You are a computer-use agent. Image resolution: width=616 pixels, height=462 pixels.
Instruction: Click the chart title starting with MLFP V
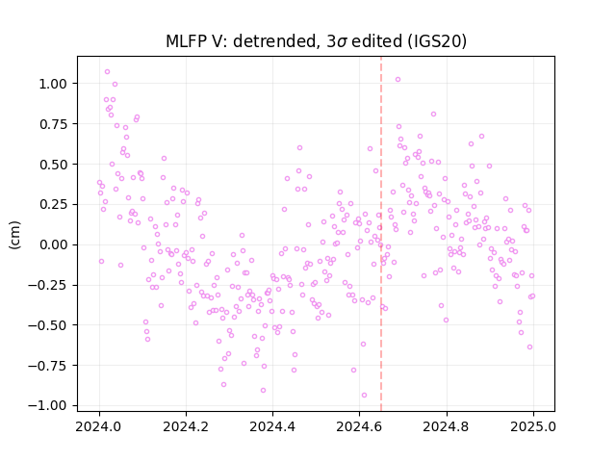tap(317, 41)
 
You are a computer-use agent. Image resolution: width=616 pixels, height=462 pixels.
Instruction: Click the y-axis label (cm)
tap(14, 235)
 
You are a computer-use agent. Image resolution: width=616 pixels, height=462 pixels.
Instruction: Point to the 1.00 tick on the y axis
tap(53, 84)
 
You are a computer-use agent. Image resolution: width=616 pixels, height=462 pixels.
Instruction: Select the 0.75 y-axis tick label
tap(53, 124)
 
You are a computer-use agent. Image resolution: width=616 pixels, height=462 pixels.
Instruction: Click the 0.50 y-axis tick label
tap(53, 165)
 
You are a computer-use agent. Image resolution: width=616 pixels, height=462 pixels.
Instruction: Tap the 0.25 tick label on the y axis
tap(53, 204)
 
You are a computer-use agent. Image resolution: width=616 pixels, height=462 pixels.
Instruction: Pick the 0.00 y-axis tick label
tap(53, 244)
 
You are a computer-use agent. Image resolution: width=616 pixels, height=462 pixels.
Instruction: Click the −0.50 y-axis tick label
tap(47, 325)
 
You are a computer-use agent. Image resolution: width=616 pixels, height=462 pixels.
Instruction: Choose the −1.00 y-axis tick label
tap(47, 406)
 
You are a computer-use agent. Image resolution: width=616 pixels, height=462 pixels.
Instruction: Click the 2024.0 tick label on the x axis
tap(99, 426)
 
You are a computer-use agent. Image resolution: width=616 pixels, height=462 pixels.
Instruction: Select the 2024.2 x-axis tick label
tap(186, 426)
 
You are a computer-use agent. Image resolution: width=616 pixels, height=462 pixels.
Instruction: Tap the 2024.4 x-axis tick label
tap(272, 426)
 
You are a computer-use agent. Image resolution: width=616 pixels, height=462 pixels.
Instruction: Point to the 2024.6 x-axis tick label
tap(359, 426)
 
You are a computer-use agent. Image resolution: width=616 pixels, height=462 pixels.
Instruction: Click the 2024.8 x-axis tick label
tap(447, 426)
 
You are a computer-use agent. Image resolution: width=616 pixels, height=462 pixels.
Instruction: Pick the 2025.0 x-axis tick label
tap(533, 426)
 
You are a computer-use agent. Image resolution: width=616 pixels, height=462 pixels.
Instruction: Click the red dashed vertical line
tap(381, 234)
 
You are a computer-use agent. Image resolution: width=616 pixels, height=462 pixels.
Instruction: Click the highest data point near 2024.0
tap(107, 72)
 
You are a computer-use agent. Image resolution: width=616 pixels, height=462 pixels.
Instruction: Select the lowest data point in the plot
tap(364, 396)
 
